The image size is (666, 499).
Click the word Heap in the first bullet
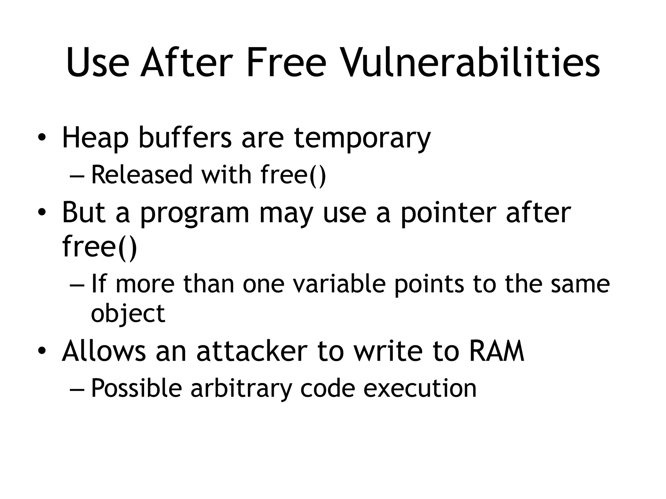click(x=95, y=138)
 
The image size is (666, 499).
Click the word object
click(x=128, y=314)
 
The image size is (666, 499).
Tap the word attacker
click(x=252, y=352)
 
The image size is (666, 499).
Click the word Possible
click(x=136, y=388)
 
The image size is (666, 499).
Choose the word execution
click(x=420, y=388)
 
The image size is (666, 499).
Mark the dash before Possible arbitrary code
click(x=77, y=389)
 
